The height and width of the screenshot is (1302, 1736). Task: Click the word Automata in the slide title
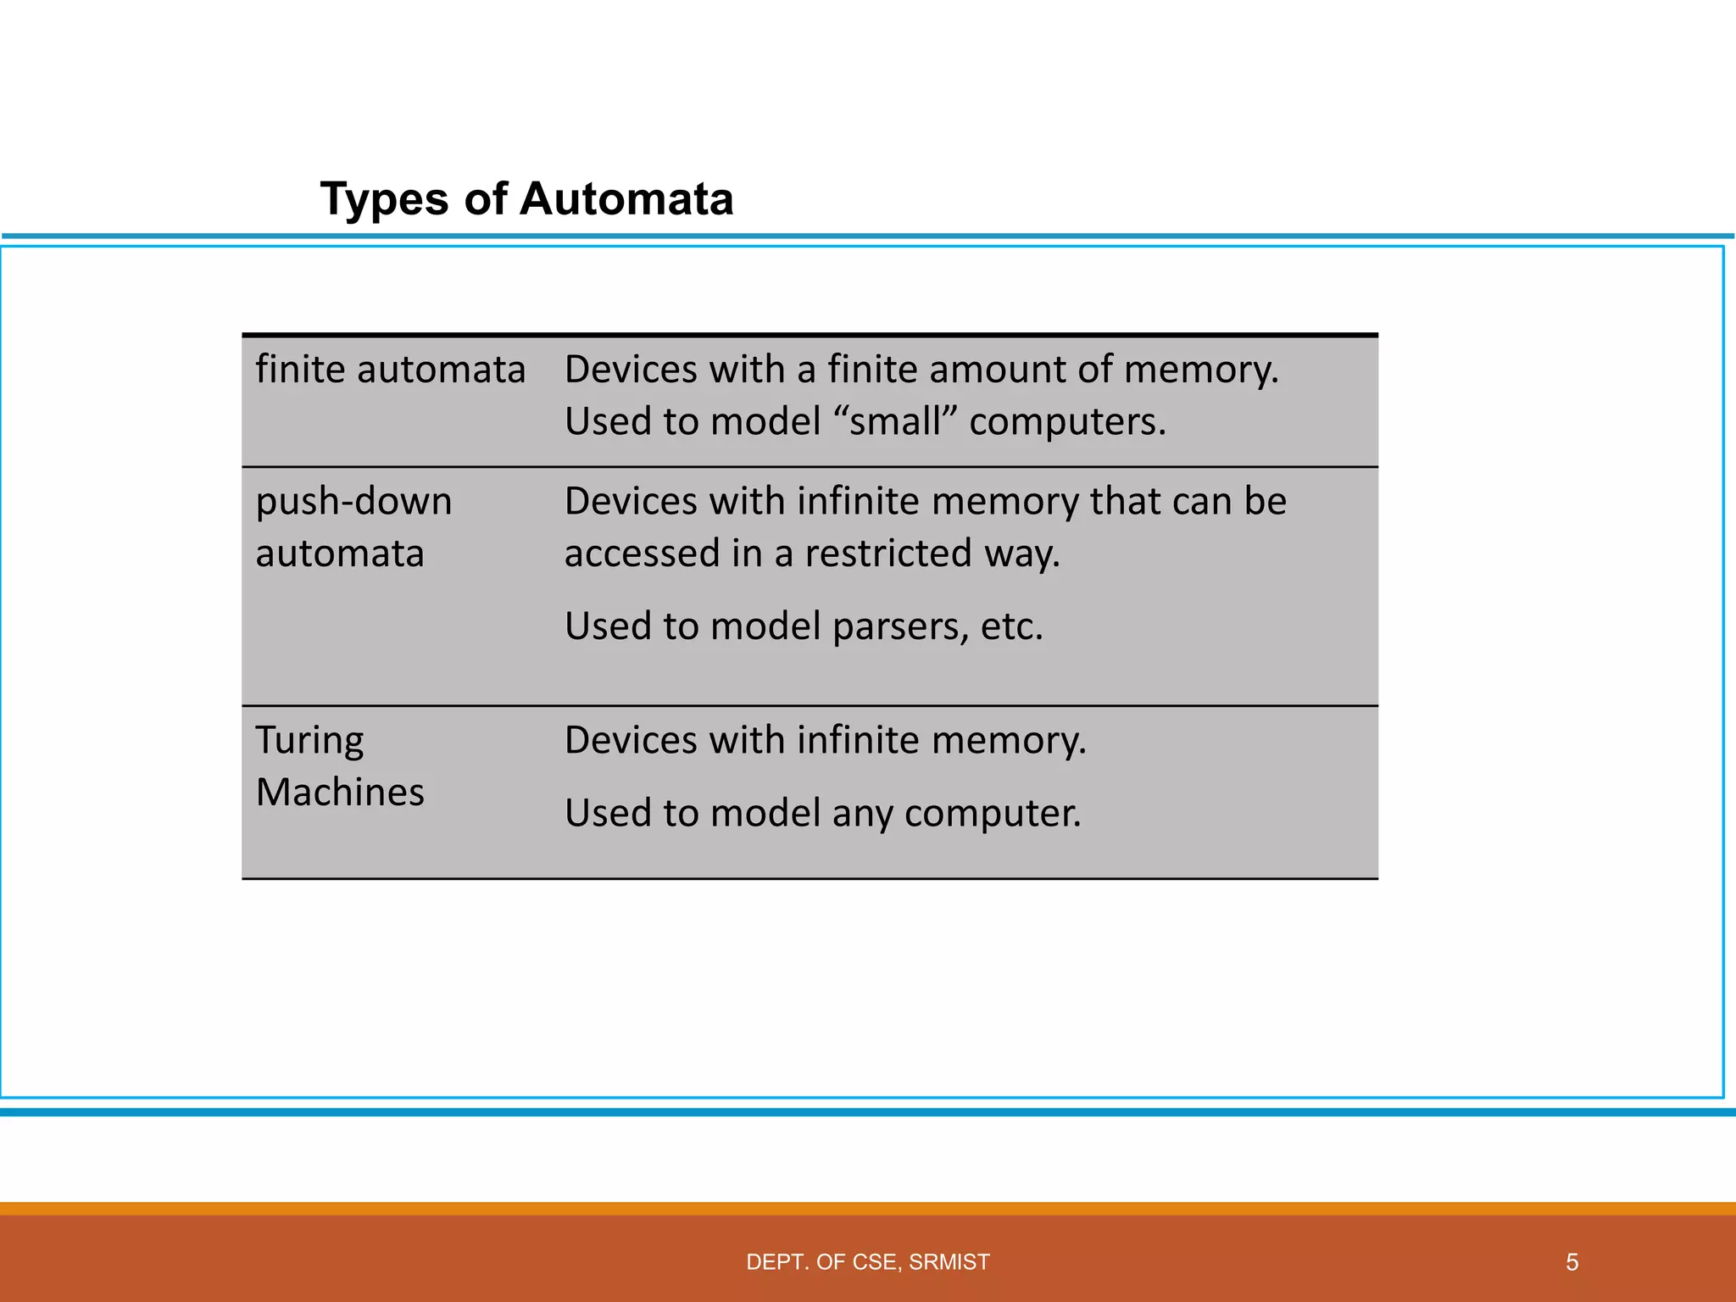[x=626, y=200]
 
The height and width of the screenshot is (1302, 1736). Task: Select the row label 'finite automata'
[x=391, y=370]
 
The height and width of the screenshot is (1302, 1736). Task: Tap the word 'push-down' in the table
[x=353, y=502]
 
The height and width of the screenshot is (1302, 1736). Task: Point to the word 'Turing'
[x=309, y=742]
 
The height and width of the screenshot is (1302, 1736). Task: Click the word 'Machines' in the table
[x=340, y=793]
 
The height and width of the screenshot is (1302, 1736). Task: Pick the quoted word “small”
[x=895, y=421]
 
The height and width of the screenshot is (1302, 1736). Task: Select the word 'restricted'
[x=888, y=554]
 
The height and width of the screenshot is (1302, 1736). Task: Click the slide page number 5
[x=1572, y=1262]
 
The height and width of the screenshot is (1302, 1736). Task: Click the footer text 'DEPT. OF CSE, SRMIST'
[x=867, y=1262]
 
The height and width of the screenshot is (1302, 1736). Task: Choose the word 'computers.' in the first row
[x=1067, y=421]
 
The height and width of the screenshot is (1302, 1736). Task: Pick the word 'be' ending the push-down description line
[x=1265, y=502]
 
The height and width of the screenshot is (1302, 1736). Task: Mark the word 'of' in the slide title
[x=485, y=200]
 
